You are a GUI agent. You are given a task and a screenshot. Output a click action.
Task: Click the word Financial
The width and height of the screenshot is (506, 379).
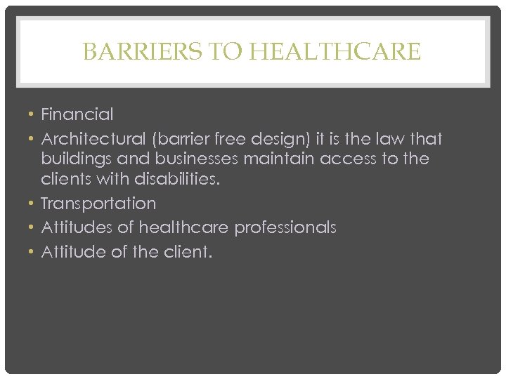click(x=77, y=114)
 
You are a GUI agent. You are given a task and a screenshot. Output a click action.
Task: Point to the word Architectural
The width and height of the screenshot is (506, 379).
click(x=88, y=139)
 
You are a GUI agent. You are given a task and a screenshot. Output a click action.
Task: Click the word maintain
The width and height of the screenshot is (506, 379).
click(x=280, y=159)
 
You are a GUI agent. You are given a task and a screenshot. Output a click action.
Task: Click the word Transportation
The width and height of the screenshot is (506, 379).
click(x=98, y=204)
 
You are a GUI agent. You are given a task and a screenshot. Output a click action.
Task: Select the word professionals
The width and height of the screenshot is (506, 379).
click(x=285, y=228)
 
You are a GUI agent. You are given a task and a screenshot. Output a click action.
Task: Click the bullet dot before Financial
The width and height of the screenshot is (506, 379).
click(x=32, y=114)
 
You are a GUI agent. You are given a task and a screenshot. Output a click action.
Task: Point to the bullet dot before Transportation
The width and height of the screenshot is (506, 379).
click(x=32, y=204)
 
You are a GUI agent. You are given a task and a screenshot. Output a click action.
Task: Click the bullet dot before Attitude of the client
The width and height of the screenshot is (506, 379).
click(x=32, y=252)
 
